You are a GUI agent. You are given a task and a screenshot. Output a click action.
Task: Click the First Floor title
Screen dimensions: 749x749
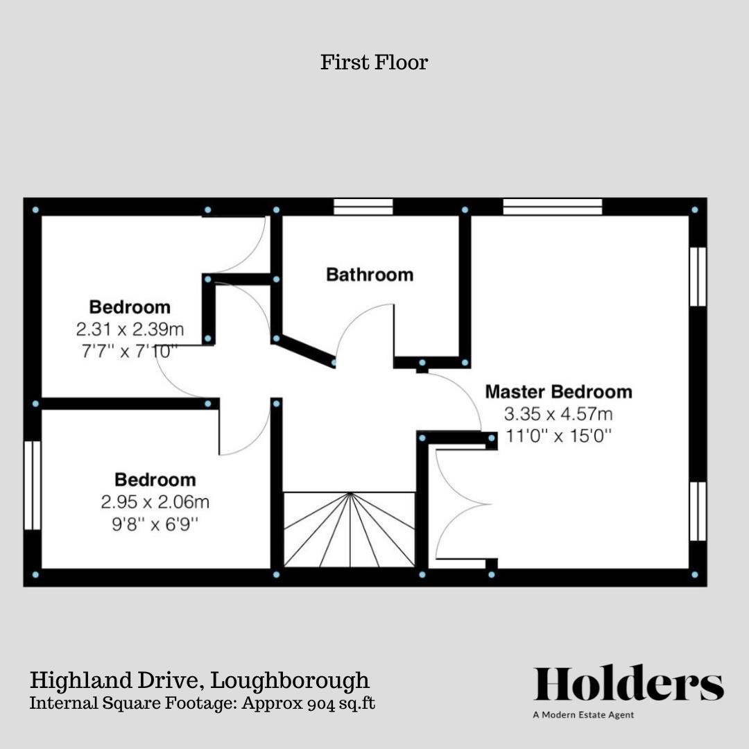(x=374, y=62)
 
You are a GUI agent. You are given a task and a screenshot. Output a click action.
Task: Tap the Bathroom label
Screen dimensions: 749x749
(x=370, y=275)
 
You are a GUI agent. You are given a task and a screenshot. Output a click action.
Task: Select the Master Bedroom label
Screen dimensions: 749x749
(x=558, y=392)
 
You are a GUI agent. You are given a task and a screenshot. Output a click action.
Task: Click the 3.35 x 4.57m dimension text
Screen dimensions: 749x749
(x=558, y=415)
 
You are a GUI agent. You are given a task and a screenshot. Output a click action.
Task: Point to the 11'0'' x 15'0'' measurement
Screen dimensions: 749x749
(x=558, y=436)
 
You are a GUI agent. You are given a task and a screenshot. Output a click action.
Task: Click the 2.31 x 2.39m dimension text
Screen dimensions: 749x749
(x=130, y=329)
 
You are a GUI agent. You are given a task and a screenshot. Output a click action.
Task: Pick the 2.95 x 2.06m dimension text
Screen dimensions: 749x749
(x=155, y=501)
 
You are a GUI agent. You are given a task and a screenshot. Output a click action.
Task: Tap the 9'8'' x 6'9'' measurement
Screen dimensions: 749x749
(x=155, y=524)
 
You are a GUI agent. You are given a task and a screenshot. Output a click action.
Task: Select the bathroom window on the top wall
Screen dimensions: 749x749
(x=363, y=207)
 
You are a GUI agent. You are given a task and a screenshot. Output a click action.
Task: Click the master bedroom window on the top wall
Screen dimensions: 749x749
(x=553, y=207)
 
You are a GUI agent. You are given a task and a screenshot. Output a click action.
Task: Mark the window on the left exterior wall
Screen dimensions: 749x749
(x=32, y=485)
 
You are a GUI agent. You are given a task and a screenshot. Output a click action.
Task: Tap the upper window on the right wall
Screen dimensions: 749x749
(x=698, y=276)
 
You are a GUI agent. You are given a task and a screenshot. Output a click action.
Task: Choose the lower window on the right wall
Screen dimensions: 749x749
(x=698, y=511)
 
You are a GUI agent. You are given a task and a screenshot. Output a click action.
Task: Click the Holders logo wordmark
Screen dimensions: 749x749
(x=628, y=684)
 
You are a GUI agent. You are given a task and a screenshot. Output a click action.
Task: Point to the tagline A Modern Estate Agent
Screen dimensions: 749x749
(x=583, y=715)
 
